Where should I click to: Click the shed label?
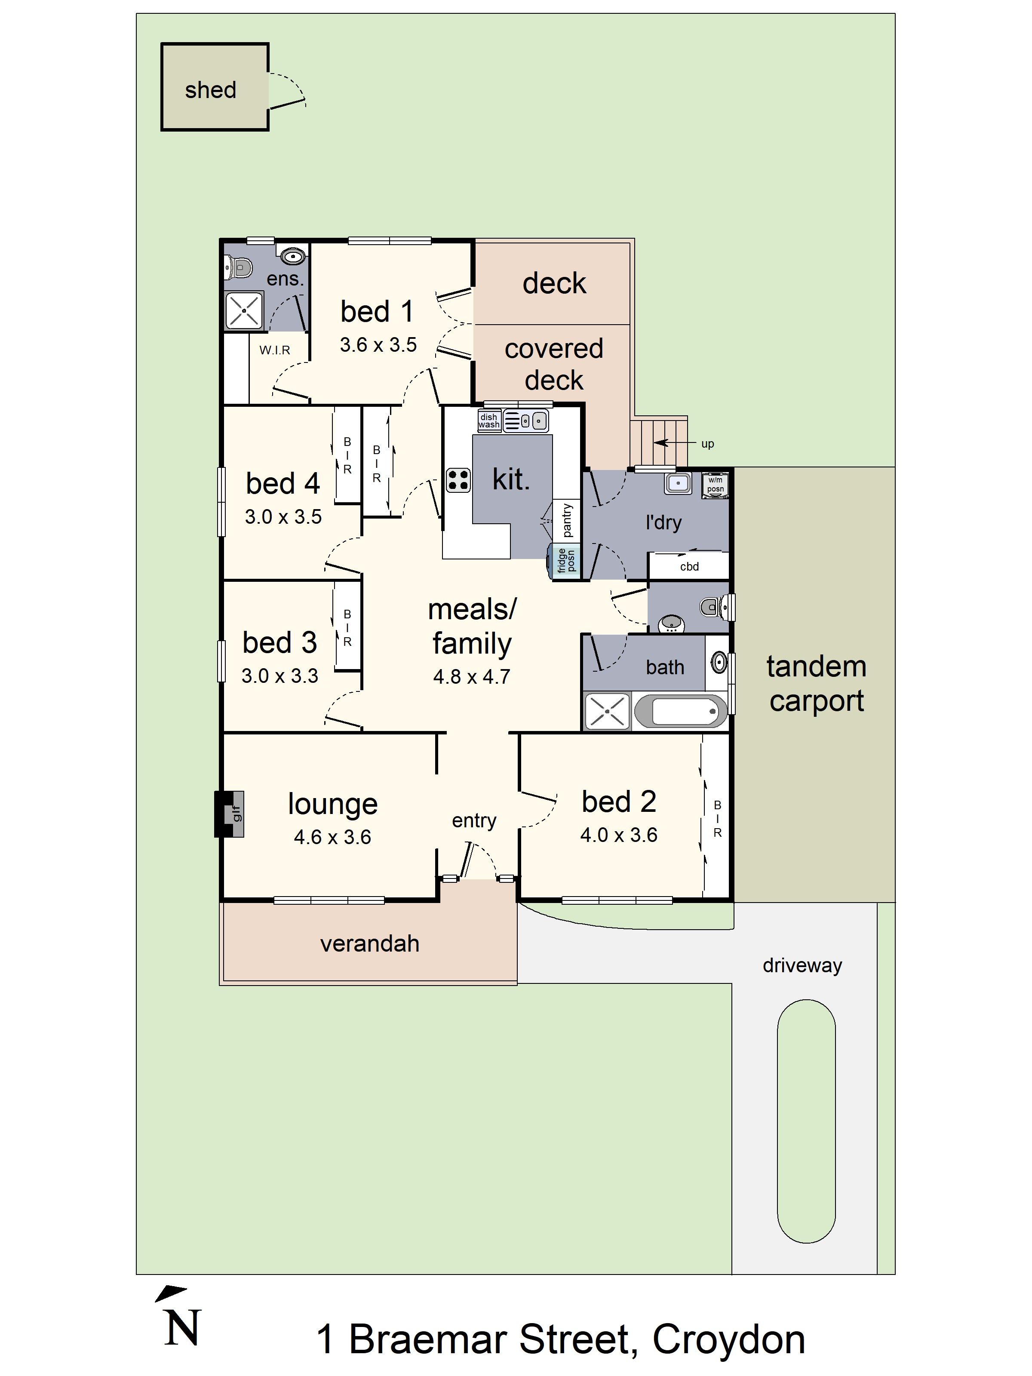click(x=210, y=90)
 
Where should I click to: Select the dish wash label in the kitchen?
click(x=489, y=421)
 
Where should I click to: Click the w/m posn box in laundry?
click(x=716, y=485)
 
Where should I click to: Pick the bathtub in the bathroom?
click(x=681, y=711)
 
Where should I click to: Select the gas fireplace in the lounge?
click(x=230, y=814)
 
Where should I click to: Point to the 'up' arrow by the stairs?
click(x=669, y=443)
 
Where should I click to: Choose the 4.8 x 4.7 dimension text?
click(x=472, y=677)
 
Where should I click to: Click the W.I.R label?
click(x=275, y=350)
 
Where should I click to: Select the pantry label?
click(x=567, y=520)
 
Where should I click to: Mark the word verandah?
click(x=369, y=944)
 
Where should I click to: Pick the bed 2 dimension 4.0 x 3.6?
click(x=618, y=835)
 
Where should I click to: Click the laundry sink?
click(x=677, y=483)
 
